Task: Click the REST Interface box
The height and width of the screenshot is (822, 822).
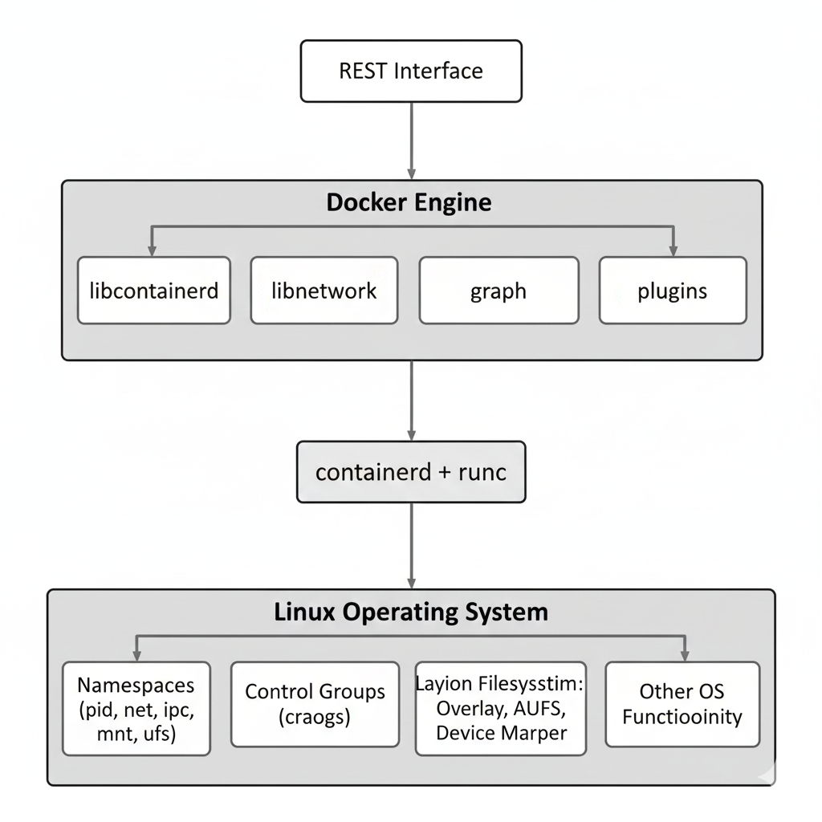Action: pyautogui.click(x=411, y=71)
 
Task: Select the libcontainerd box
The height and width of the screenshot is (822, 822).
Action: pyautogui.click(x=154, y=291)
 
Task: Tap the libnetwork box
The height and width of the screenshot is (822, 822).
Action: pyautogui.click(x=324, y=291)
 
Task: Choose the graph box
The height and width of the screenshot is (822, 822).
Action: pyautogui.click(x=498, y=291)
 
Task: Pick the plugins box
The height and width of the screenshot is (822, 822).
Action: pyautogui.click(x=673, y=291)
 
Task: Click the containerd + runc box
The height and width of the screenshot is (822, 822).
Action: pyautogui.click(x=411, y=472)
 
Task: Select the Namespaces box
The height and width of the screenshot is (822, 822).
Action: pyautogui.click(x=136, y=708)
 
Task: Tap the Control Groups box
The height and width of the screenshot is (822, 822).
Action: pyautogui.click(x=315, y=704)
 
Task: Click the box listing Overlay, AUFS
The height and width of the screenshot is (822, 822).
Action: pyautogui.click(x=501, y=708)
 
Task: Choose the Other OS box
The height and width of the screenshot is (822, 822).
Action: pyautogui.click(x=682, y=704)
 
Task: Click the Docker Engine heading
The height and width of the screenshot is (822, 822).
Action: pyautogui.click(x=409, y=202)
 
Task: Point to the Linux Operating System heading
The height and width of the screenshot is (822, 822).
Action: pyautogui.click(x=411, y=612)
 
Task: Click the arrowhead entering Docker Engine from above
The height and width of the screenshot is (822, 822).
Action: pyautogui.click(x=412, y=173)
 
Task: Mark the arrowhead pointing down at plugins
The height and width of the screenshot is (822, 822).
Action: pyautogui.click(x=673, y=250)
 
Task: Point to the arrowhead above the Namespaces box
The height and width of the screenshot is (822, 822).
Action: pyautogui.click(x=136, y=655)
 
